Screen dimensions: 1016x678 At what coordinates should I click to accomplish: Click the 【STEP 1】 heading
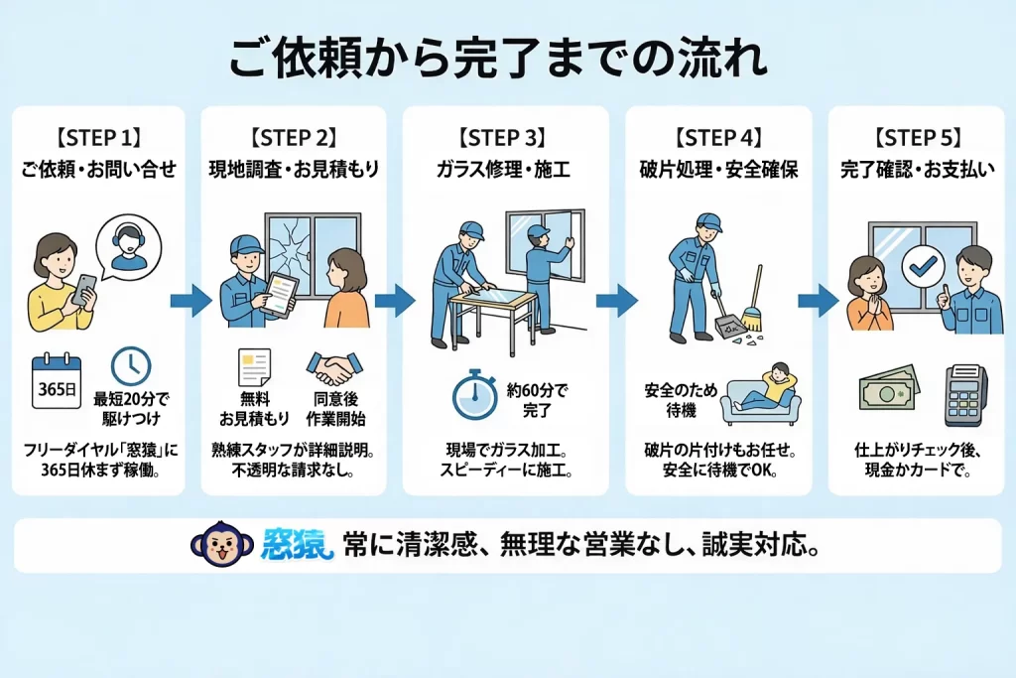pyautogui.click(x=98, y=138)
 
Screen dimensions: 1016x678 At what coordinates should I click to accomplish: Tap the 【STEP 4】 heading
pyautogui.click(x=718, y=138)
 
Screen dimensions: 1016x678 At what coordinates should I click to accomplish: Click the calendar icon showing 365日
pyautogui.click(x=57, y=381)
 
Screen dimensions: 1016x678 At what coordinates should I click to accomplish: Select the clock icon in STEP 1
pyautogui.click(x=131, y=366)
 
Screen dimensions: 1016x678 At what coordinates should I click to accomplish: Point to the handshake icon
pyautogui.click(x=334, y=369)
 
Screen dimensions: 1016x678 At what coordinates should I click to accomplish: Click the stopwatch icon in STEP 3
pyautogui.click(x=475, y=395)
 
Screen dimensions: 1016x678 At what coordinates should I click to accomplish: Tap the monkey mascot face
pyautogui.click(x=222, y=544)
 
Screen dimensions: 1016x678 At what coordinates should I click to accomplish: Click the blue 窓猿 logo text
pyautogui.click(x=298, y=544)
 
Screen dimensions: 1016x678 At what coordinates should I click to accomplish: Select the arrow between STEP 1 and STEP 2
pyautogui.click(x=191, y=300)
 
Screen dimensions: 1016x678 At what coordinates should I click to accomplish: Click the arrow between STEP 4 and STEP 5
pyautogui.click(x=819, y=300)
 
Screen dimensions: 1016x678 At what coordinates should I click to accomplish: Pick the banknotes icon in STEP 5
pyautogui.click(x=888, y=388)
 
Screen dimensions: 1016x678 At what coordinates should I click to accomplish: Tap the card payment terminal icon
pyautogui.click(x=965, y=395)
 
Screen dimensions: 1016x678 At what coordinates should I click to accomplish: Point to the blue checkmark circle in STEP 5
pyautogui.click(x=923, y=265)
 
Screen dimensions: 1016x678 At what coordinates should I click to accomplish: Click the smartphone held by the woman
pyautogui.click(x=84, y=290)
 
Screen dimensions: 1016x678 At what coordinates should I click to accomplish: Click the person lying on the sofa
pyautogui.click(x=770, y=387)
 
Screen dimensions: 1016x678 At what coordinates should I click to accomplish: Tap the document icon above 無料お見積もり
pyautogui.click(x=254, y=368)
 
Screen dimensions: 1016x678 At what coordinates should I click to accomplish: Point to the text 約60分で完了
pyautogui.click(x=537, y=400)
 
